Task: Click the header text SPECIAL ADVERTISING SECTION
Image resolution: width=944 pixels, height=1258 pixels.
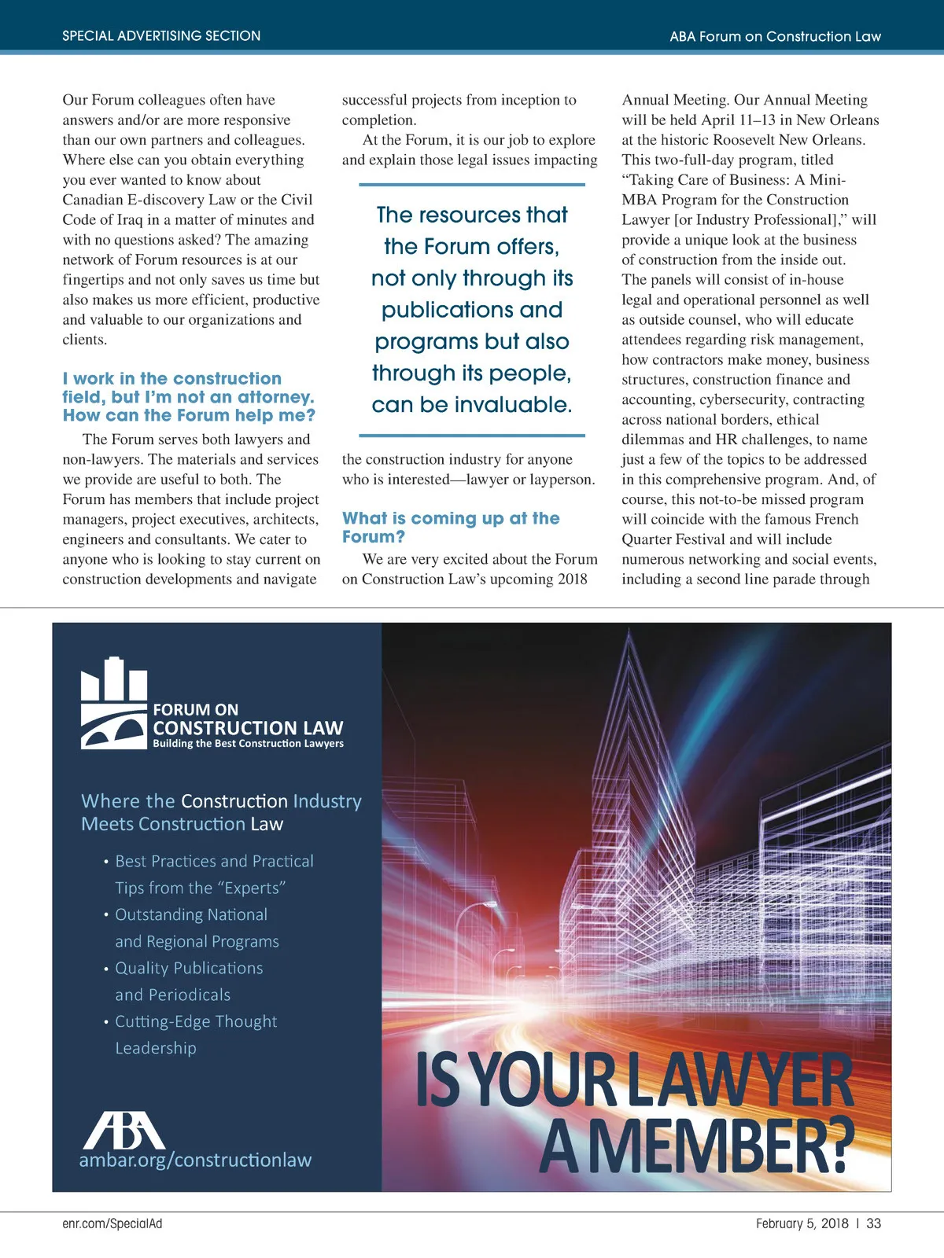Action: point(161,36)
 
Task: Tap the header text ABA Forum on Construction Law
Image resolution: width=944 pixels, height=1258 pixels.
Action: point(775,36)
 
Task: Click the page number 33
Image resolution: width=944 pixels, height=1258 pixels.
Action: point(873,1223)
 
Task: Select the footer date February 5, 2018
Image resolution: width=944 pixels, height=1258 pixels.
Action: point(802,1223)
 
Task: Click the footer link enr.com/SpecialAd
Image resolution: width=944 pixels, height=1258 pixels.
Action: point(112,1223)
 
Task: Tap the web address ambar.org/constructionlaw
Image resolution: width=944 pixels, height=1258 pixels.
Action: point(195,1160)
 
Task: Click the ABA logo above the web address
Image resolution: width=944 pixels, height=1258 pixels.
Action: point(124,1131)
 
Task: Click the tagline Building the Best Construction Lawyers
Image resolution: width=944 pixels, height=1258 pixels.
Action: point(248,744)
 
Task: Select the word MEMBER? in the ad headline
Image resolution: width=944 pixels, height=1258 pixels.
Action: point(720,1146)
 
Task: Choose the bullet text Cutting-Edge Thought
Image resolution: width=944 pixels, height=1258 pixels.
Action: point(196,1021)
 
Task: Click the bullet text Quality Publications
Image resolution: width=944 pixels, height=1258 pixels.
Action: point(189,968)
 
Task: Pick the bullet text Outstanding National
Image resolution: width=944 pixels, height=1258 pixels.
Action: point(191,914)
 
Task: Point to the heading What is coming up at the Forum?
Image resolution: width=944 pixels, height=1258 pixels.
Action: point(451,527)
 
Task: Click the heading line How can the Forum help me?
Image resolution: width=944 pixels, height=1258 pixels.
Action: point(189,415)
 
